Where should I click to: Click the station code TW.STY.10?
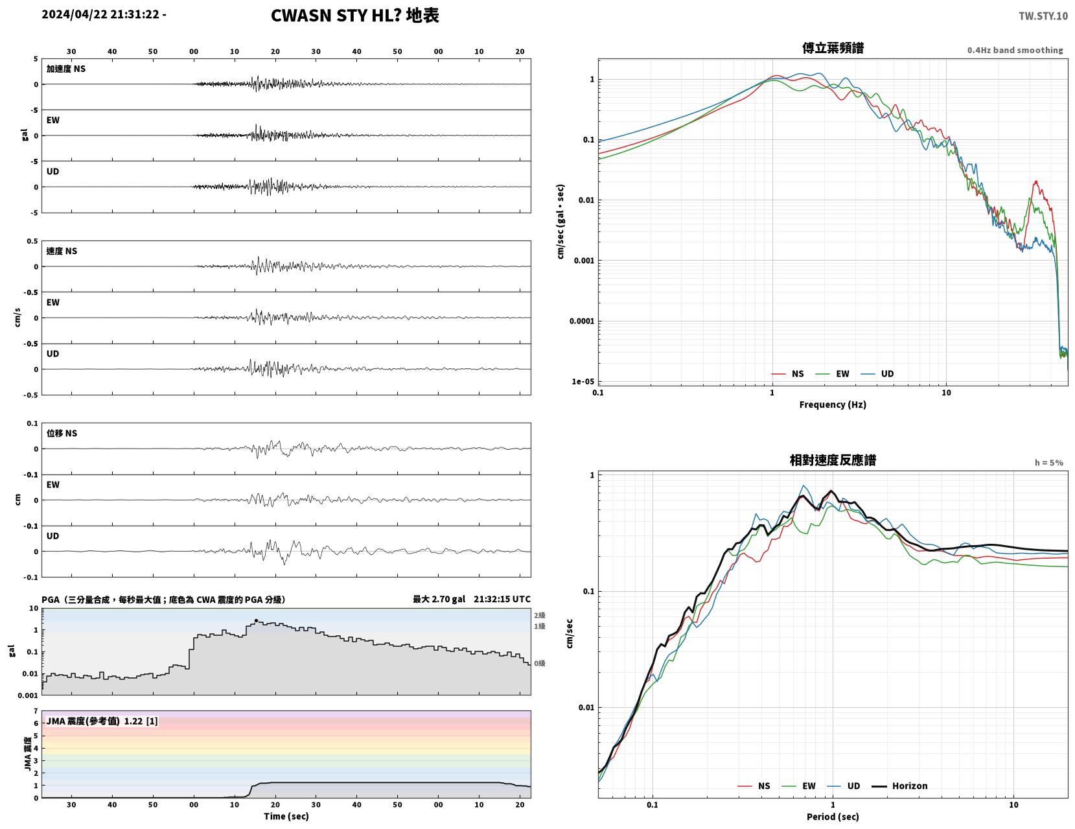[x=1043, y=16]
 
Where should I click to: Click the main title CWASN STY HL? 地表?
[x=354, y=16]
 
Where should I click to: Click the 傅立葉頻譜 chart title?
[x=833, y=48]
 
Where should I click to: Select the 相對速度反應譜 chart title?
[x=833, y=460]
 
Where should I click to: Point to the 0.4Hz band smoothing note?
[x=1015, y=50]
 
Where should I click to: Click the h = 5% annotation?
[x=1049, y=463]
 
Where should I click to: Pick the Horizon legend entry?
[x=899, y=786]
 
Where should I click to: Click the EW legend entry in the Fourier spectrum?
[x=832, y=374]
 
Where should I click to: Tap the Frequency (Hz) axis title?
[x=833, y=404]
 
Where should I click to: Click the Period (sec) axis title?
[x=833, y=817]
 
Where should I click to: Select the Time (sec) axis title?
[x=286, y=816]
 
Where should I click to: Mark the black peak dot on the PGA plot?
[x=256, y=620]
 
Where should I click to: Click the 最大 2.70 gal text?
[x=439, y=599]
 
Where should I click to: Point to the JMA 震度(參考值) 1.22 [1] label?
[x=102, y=721]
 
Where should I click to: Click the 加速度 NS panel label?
[x=66, y=69]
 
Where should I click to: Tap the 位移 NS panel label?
[x=62, y=433]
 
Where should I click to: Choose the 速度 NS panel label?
[x=62, y=251]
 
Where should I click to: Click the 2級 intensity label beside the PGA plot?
[x=539, y=615]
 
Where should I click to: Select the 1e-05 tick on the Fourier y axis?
[x=583, y=381]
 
